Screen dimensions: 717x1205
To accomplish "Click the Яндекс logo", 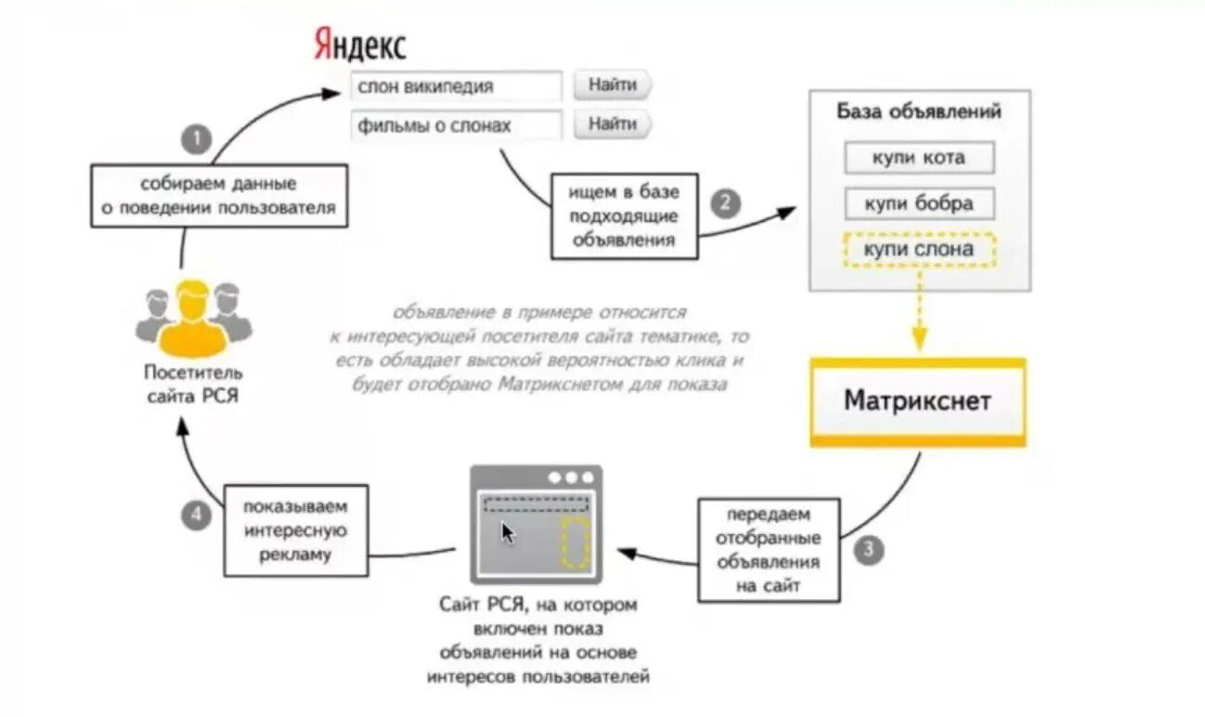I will coord(360,43).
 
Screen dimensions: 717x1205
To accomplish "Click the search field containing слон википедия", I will coord(457,86).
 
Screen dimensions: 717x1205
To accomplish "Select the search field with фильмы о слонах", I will coord(457,125).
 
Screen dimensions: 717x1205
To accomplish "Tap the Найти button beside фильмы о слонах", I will coord(613,124).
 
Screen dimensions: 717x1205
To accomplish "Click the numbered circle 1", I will coord(196,140).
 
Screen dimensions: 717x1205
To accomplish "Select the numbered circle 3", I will coord(868,549).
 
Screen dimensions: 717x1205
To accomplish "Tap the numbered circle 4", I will coord(196,515).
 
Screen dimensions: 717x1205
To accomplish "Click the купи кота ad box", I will coord(919,158).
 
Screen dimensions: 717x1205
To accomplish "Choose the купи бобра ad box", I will coord(919,203).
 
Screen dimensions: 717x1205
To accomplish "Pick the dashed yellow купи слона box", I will coord(919,250).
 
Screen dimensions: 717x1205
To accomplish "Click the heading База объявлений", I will coord(919,112).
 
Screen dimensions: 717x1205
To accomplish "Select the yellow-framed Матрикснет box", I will coord(917,402).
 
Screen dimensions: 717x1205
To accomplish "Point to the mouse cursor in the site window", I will coord(508,533).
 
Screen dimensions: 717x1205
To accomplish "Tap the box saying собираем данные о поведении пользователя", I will coord(219,195).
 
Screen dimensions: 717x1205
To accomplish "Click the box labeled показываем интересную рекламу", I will coord(295,531).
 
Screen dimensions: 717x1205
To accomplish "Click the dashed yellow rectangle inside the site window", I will coord(577,542).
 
